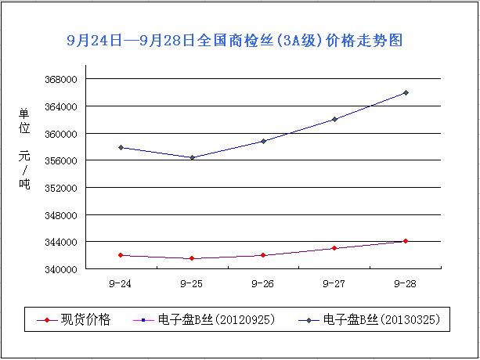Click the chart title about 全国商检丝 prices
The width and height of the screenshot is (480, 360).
pos(234,40)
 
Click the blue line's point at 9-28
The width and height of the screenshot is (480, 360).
pos(406,92)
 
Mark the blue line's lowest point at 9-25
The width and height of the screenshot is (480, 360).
pos(192,157)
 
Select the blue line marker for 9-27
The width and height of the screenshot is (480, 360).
pos(334,119)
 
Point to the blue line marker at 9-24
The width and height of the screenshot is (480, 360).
pos(121,147)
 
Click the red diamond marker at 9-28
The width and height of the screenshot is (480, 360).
pos(406,241)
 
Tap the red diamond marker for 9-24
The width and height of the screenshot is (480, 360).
pos(121,255)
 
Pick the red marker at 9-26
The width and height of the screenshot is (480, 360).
pos(263,255)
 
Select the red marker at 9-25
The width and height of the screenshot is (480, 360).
pos(192,258)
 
